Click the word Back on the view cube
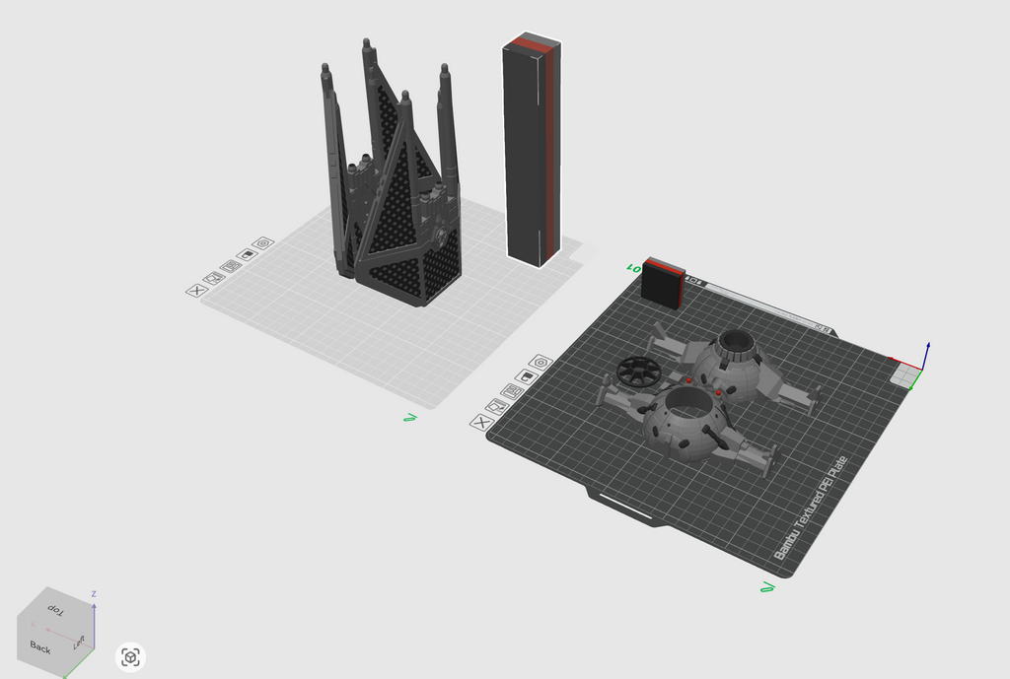(x=40, y=647)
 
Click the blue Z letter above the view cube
(x=93, y=594)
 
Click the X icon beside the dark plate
(x=480, y=423)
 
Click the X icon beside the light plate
(x=196, y=290)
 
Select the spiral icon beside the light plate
(x=262, y=242)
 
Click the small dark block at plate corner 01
(x=663, y=285)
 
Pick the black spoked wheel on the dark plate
(x=639, y=372)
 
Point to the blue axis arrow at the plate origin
(x=927, y=351)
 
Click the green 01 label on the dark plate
(x=632, y=266)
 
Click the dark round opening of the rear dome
(x=735, y=343)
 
